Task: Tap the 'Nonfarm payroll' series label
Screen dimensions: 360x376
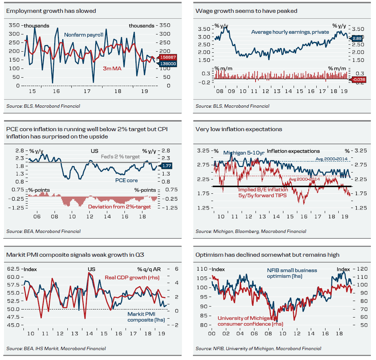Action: [83, 35]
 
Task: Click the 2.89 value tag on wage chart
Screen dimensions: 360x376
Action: [357, 38]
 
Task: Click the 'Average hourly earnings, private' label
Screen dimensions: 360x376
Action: [290, 32]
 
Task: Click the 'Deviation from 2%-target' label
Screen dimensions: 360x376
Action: [119, 207]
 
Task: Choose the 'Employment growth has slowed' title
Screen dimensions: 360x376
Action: [51, 11]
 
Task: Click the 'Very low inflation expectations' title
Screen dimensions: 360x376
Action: [239, 129]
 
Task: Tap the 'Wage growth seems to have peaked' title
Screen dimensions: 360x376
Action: [246, 11]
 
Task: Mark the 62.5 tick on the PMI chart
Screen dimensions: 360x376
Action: [14, 269]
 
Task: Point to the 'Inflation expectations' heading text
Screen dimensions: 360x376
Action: [293, 151]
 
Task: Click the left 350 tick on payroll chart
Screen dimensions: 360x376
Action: [14, 26]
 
